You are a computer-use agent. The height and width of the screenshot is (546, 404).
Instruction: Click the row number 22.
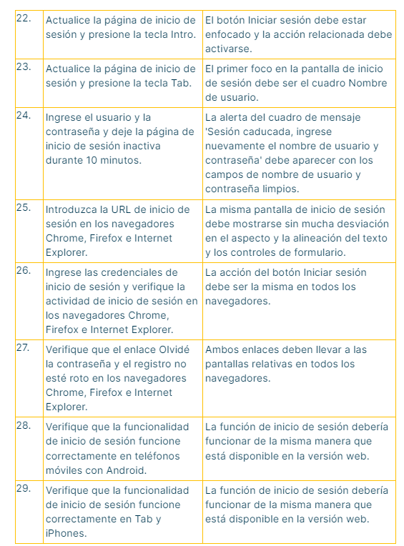tap(23, 18)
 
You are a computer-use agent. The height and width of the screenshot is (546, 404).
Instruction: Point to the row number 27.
tap(23, 349)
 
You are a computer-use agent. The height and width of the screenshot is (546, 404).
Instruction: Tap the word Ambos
tap(222, 349)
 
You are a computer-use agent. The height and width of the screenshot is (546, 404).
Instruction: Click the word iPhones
tap(65, 533)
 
